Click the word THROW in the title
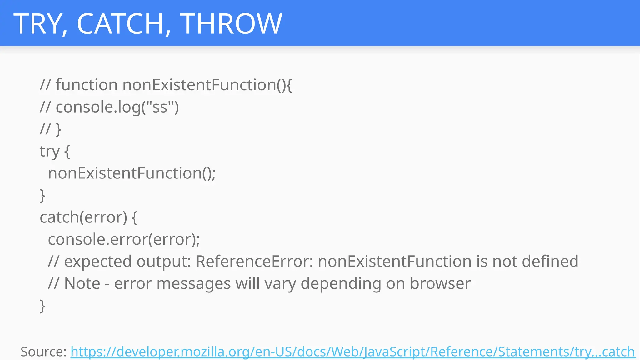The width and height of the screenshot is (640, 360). (231, 24)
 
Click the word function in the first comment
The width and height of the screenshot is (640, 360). (87, 85)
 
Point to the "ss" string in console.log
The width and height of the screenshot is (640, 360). (160, 107)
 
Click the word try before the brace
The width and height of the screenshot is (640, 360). (49, 152)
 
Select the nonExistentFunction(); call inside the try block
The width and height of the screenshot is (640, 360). (132, 173)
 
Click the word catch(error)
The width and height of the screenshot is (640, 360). (83, 217)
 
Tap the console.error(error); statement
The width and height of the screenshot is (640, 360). (124, 239)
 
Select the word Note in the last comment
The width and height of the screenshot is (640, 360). (82, 283)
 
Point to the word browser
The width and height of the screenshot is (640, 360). (440, 283)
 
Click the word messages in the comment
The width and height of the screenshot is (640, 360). (193, 283)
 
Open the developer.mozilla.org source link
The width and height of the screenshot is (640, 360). (352, 352)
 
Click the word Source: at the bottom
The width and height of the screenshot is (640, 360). (43, 352)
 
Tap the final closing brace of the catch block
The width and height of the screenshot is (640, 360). (42, 306)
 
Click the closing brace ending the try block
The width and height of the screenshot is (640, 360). (42, 196)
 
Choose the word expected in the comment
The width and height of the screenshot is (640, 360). (98, 262)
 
